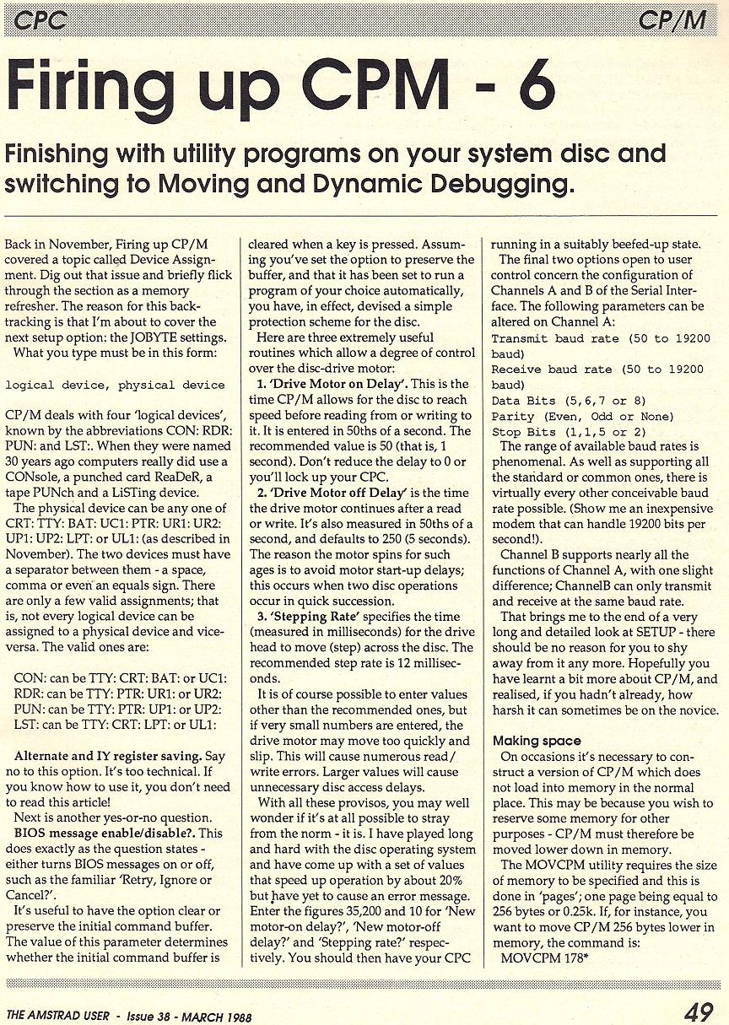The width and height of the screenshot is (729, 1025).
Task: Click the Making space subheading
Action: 537,741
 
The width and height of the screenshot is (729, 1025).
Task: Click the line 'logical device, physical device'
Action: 115,385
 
